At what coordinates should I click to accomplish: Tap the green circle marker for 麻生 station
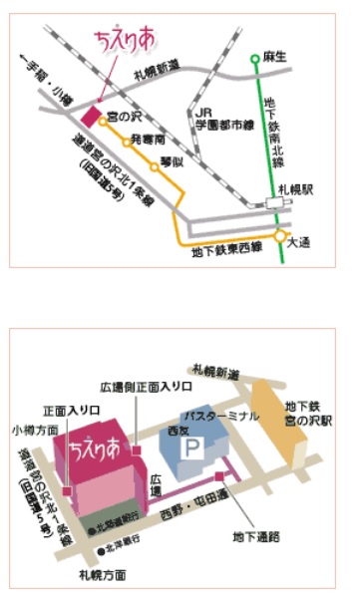pyautogui.click(x=256, y=58)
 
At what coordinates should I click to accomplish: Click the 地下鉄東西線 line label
pyautogui.click(x=228, y=250)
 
